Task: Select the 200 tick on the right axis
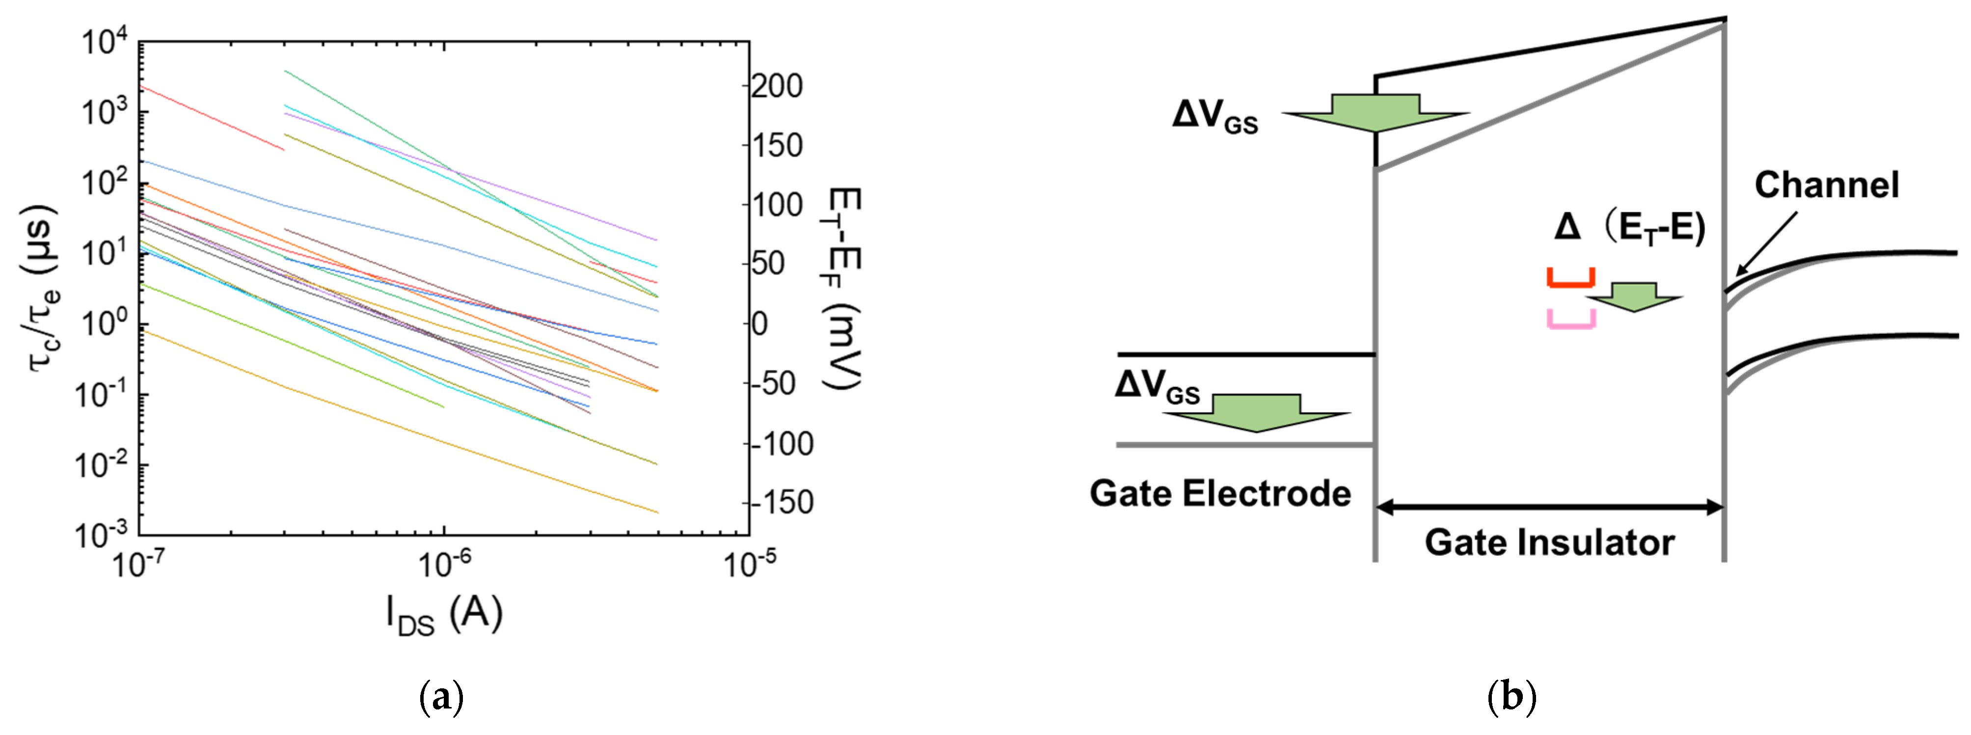click(776, 86)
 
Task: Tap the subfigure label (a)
click(442, 698)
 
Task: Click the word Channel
click(1826, 185)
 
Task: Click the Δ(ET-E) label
click(1630, 228)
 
